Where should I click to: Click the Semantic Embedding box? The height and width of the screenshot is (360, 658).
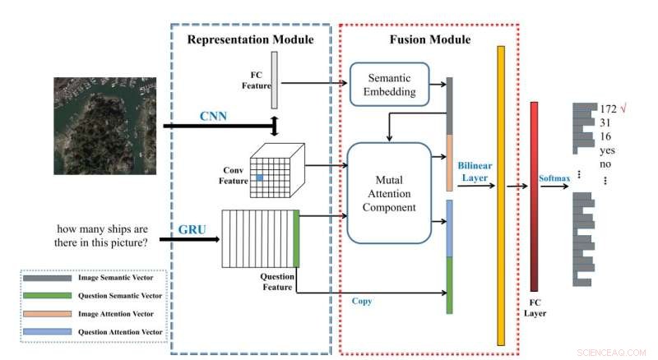point(390,85)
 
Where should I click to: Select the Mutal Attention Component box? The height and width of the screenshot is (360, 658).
point(389,193)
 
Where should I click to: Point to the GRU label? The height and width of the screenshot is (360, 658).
point(192,228)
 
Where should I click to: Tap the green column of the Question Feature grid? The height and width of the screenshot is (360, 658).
point(296,238)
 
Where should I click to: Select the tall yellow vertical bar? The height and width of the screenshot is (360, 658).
point(500,196)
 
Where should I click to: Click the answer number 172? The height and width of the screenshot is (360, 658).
point(608,109)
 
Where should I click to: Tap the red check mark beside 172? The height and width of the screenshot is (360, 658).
point(623,108)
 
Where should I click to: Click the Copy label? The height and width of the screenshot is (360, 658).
point(362,301)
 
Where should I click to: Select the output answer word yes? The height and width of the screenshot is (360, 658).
point(608,151)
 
